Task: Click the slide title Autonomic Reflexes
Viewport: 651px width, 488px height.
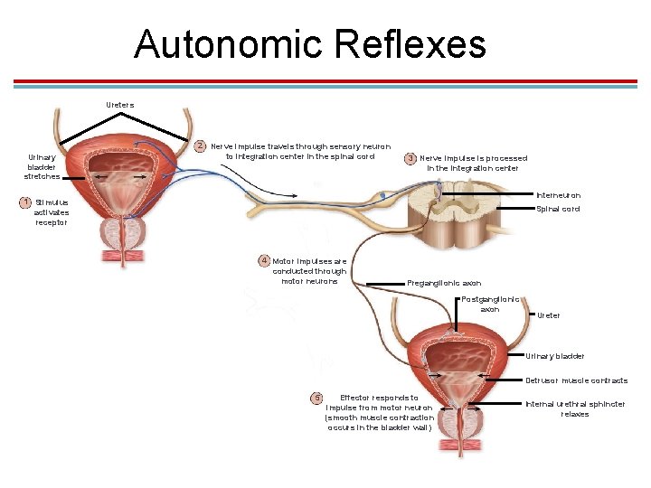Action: pos(310,43)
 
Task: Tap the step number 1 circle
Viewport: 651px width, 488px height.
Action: pos(27,202)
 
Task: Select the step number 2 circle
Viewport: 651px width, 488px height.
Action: pos(202,145)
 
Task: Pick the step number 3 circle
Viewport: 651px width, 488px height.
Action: pos(410,158)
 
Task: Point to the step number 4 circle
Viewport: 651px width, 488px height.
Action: pos(264,260)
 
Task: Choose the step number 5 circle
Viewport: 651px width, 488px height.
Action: pos(316,398)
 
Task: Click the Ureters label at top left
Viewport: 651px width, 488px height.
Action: pos(119,105)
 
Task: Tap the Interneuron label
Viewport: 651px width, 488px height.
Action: pos(558,195)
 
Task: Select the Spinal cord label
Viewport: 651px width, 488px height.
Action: pos(558,210)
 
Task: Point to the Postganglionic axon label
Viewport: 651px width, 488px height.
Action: pos(490,304)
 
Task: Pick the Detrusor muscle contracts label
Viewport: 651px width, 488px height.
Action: pos(576,380)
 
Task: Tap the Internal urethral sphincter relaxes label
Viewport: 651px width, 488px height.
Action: pos(575,408)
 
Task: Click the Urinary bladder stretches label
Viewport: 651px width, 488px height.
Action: pos(42,166)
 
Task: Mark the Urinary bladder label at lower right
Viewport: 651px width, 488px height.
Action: pos(554,356)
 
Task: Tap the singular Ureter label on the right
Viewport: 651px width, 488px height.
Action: pos(548,315)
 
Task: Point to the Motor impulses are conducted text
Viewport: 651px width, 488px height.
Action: pos(309,271)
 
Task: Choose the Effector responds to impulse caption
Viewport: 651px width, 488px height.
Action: pos(379,412)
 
